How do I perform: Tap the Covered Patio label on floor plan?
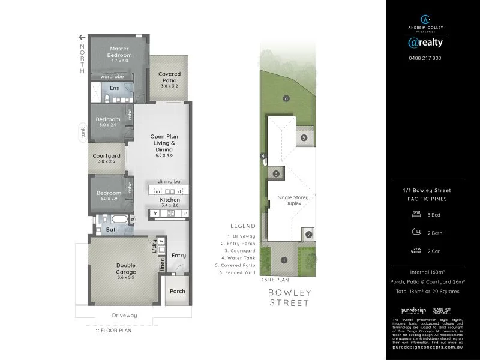170,77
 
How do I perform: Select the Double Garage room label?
126,268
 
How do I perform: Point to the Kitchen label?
169,199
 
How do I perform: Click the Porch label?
177,291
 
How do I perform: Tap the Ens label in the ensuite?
114,88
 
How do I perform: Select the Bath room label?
112,229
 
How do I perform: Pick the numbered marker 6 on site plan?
287,98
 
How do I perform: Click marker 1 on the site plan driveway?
284,260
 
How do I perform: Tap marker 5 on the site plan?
304,138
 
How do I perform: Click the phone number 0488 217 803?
425,58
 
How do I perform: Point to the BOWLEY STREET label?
289,298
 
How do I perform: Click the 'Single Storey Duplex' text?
289,200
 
